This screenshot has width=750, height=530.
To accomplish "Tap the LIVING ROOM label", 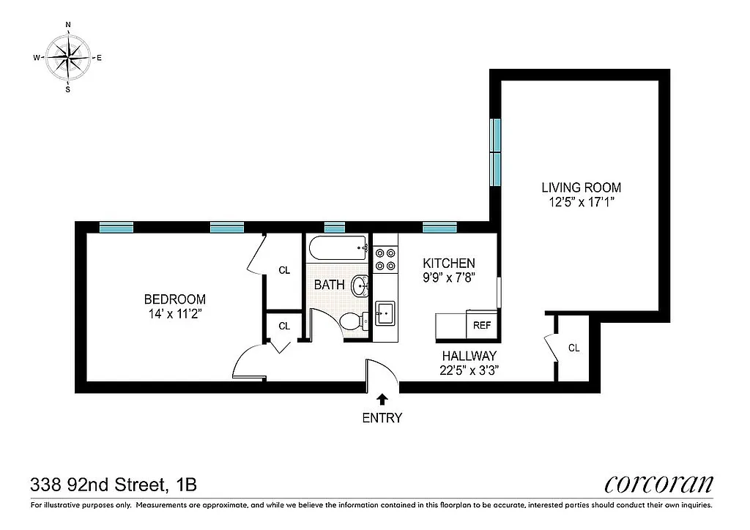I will tap(581, 187).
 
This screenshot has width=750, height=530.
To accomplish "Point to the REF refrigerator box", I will tap(482, 326).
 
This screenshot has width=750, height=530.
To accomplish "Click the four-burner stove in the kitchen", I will tap(385, 259).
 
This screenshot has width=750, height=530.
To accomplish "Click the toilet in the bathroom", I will tap(354, 321).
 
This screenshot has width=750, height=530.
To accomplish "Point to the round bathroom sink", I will tap(360, 285).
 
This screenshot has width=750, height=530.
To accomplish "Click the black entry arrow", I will tap(382, 399).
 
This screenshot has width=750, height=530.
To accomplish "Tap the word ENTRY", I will tap(382, 419).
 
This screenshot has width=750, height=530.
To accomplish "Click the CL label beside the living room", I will tap(573, 348).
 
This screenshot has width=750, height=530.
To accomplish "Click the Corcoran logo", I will tap(658, 484).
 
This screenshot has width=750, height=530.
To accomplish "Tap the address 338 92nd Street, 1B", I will tap(114, 484).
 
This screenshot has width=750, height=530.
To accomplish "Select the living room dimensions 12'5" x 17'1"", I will tap(581, 202).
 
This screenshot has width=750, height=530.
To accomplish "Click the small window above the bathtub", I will tap(335, 227).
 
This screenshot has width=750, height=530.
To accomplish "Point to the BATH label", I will tap(329, 285).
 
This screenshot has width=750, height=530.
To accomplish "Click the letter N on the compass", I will tap(68, 25).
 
